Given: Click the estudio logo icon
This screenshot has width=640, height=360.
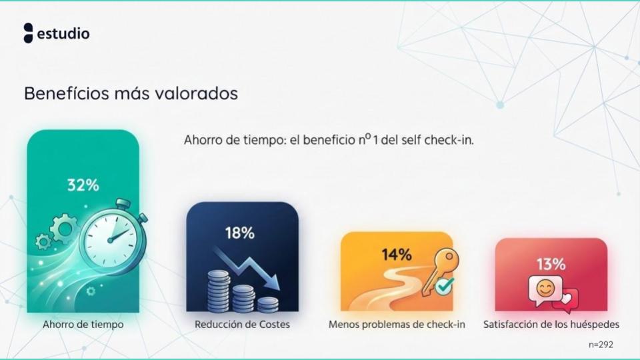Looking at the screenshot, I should click(x=28, y=33).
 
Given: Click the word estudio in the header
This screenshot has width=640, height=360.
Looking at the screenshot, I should click(x=63, y=33).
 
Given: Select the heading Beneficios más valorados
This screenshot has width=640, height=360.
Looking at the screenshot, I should click(x=131, y=93).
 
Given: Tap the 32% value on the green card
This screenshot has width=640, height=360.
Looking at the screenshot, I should click(x=83, y=185).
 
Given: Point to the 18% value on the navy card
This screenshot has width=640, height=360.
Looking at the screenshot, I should click(x=239, y=233).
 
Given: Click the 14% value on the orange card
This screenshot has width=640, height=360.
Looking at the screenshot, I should click(x=396, y=254).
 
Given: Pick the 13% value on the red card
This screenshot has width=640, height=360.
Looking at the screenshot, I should click(x=551, y=264).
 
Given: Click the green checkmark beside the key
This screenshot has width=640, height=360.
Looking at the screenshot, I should click(x=443, y=286).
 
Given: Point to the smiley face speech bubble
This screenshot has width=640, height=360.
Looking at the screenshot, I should click(x=545, y=289).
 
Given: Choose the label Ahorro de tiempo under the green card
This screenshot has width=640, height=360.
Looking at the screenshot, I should click(x=83, y=325).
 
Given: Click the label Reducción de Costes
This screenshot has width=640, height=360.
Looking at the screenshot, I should click(x=242, y=325).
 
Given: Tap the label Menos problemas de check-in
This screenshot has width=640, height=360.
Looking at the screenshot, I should click(x=397, y=325).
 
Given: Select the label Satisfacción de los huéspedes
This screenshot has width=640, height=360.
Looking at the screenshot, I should click(x=551, y=325).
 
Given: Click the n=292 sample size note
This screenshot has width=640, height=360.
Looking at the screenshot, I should click(x=600, y=344).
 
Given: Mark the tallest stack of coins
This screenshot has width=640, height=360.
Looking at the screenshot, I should click(x=219, y=291).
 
